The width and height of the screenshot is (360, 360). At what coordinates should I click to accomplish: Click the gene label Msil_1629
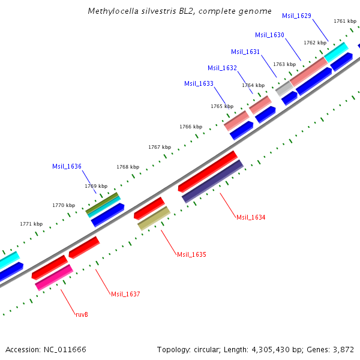tap(296, 16)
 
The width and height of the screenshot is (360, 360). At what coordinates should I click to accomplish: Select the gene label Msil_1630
tap(269, 35)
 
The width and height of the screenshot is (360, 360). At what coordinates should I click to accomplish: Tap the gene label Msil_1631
tap(245, 52)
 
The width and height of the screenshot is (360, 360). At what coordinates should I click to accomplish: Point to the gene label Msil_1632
tap(222, 68)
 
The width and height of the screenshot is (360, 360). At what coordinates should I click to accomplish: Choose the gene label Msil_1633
tap(199, 83)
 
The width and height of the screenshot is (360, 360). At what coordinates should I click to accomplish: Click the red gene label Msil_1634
tap(251, 217)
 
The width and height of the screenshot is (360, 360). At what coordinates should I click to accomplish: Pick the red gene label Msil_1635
tap(191, 254)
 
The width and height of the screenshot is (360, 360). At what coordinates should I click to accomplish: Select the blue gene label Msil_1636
tap(67, 166)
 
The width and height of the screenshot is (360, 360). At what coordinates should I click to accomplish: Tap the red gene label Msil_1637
tap(125, 294)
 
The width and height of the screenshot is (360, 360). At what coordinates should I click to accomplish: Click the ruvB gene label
tap(82, 314)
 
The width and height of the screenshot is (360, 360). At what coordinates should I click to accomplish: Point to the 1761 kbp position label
tap(344, 21)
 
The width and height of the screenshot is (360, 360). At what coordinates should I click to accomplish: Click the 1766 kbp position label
tap(191, 127)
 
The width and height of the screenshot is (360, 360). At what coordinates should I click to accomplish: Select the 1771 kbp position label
tap(31, 224)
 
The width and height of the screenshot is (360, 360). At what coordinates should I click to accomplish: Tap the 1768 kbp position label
tap(128, 167)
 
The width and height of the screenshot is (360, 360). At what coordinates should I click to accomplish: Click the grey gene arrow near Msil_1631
tap(284, 89)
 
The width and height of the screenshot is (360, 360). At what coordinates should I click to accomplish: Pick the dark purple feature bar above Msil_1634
tap(212, 181)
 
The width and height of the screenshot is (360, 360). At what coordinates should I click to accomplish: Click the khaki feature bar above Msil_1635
tap(154, 218)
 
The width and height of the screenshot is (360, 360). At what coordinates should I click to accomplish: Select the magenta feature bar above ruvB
tap(54, 278)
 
